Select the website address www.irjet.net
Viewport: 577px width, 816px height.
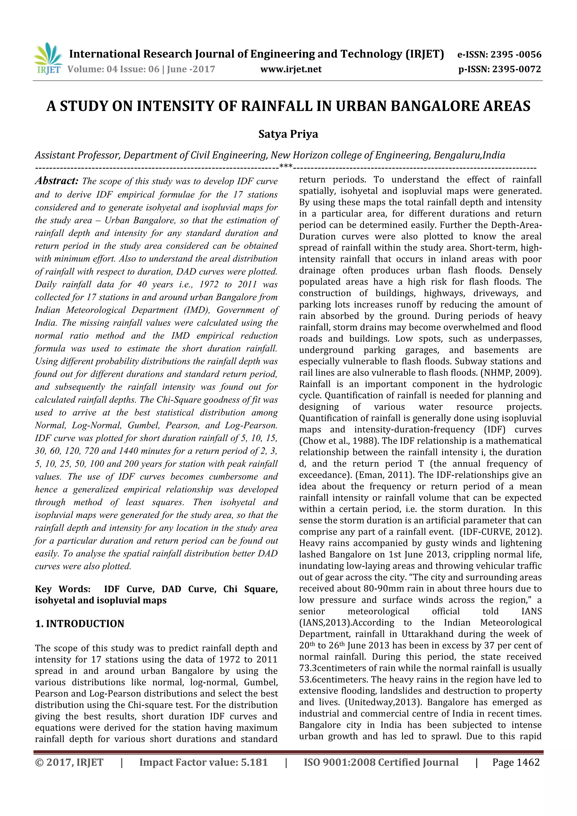(291, 69)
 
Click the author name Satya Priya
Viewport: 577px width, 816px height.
(288, 134)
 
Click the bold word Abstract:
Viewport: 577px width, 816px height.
(57, 181)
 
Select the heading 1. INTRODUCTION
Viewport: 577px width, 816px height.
(80, 623)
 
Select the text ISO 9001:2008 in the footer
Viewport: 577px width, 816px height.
(339, 762)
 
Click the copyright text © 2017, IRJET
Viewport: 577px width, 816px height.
(69, 762)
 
